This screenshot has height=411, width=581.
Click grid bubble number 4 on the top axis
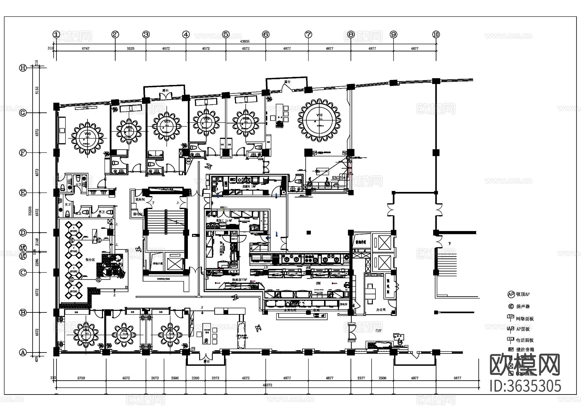coord(186,34)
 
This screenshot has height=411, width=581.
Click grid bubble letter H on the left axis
coord(23,68)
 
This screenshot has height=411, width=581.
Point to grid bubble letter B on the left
coord(23,312)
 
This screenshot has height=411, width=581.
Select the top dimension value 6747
coord(86,48)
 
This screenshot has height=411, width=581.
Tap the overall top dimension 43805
coord(245,41)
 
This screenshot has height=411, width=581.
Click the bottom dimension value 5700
coord(81,378)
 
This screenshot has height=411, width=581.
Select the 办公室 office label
coord(381,310)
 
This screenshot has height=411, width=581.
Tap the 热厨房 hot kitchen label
coord(239,279)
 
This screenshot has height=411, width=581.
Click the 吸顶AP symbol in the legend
coord(511,294)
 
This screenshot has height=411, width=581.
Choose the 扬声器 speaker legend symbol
coord(511,306)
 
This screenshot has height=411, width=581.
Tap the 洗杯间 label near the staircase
coord(140,200)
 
